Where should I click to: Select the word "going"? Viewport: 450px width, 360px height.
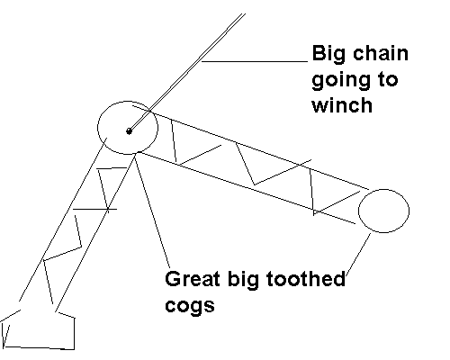(x=340, y=81)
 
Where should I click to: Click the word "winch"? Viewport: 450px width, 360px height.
(x=342, y=104)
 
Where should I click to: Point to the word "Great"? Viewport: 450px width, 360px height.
(x=193, y=279)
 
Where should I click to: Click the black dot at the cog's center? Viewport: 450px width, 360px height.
(x=129, y=131)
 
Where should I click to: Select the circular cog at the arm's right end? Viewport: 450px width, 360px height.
(x=409, y=211)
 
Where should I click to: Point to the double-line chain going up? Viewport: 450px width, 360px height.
(x=187, y=72)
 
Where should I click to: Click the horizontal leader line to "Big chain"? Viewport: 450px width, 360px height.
(x=255, y=61)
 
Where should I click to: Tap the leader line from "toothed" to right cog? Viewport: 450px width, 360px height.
(x=358, y=254)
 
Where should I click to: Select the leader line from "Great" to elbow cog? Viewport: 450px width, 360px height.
(x=152, y=211)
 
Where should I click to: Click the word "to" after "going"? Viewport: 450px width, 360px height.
(x=386, y=80)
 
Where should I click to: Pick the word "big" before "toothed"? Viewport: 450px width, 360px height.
(x=243, y=280)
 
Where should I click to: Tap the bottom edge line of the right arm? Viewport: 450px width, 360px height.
(x=247, y=188)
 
